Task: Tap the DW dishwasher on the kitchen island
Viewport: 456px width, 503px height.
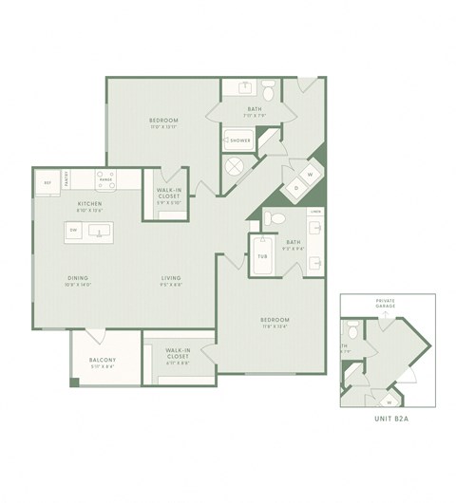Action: point(73,229)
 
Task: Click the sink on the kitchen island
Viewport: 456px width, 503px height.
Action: point(98,230)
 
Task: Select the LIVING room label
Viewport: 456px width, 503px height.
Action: point(171,278)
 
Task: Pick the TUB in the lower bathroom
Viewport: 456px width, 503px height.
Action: point(261,255)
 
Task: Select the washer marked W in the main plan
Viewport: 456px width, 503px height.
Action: point(310,175)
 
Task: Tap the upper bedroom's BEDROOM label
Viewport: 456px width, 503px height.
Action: point(164,121)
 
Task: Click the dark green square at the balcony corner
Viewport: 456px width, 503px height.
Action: point(74,382)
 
